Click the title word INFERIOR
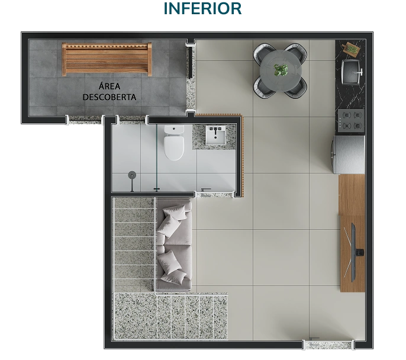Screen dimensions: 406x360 coord(203,8)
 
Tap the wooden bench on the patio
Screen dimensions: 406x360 coord(107,59)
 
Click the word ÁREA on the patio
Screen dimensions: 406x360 coord(109,86)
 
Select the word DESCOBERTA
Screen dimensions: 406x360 coord(109,97)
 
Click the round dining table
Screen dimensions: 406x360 coord(281,70)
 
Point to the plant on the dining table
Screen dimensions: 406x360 coord(281,70)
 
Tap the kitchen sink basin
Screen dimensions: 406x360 coord(351,72)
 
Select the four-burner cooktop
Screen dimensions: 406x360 coord(351,120)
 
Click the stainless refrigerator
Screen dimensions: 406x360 coord(349,155)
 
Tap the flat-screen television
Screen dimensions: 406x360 coord(354,252)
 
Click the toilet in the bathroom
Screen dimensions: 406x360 coord(174,142)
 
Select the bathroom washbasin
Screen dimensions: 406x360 coord(215,135)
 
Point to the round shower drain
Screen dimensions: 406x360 coord(132,175)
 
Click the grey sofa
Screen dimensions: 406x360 coord(174,244)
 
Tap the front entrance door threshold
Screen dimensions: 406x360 coord(329,345)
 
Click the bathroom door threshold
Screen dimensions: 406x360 coord(215,195)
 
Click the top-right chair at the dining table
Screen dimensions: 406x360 coord(297,53)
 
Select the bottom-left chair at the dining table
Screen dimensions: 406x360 coord(264,88)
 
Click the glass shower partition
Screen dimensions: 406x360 coord(156,158)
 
